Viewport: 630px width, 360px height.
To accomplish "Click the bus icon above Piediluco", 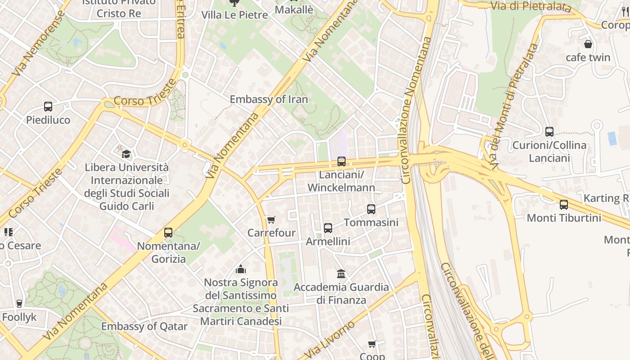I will pos(48,107).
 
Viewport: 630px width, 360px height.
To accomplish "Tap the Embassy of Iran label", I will pos(269,99).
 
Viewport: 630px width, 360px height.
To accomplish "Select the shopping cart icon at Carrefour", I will pos(271,220).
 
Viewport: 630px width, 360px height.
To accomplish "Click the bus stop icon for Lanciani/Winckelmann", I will pos(342,162).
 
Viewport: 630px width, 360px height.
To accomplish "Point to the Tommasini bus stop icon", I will pos(371,209).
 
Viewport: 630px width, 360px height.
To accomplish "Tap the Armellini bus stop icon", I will pos(328,228).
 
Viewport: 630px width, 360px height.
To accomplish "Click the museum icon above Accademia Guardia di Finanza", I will pos(341,274).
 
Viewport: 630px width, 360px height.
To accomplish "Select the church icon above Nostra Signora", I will pos(241,269).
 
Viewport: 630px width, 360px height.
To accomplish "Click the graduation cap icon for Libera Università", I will pos(126,154).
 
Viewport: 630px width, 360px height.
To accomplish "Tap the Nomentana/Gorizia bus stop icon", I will pos(168,233).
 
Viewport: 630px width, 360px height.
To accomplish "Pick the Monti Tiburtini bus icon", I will pos(564,205).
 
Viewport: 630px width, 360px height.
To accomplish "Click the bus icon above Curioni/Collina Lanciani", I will pos(549,132).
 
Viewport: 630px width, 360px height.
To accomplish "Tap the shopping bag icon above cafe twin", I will pos(588,44).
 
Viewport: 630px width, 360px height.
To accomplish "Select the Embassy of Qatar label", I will pos(144,326).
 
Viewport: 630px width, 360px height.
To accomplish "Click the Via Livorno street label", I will pos(332,339).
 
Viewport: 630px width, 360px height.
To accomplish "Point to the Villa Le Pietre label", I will pos(234,15).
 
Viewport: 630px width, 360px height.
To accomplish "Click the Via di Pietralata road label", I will pos(530,6).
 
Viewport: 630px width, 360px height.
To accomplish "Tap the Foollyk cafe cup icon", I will pos(19,304).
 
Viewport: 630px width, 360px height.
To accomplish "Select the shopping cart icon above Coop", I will pos(372,344).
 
